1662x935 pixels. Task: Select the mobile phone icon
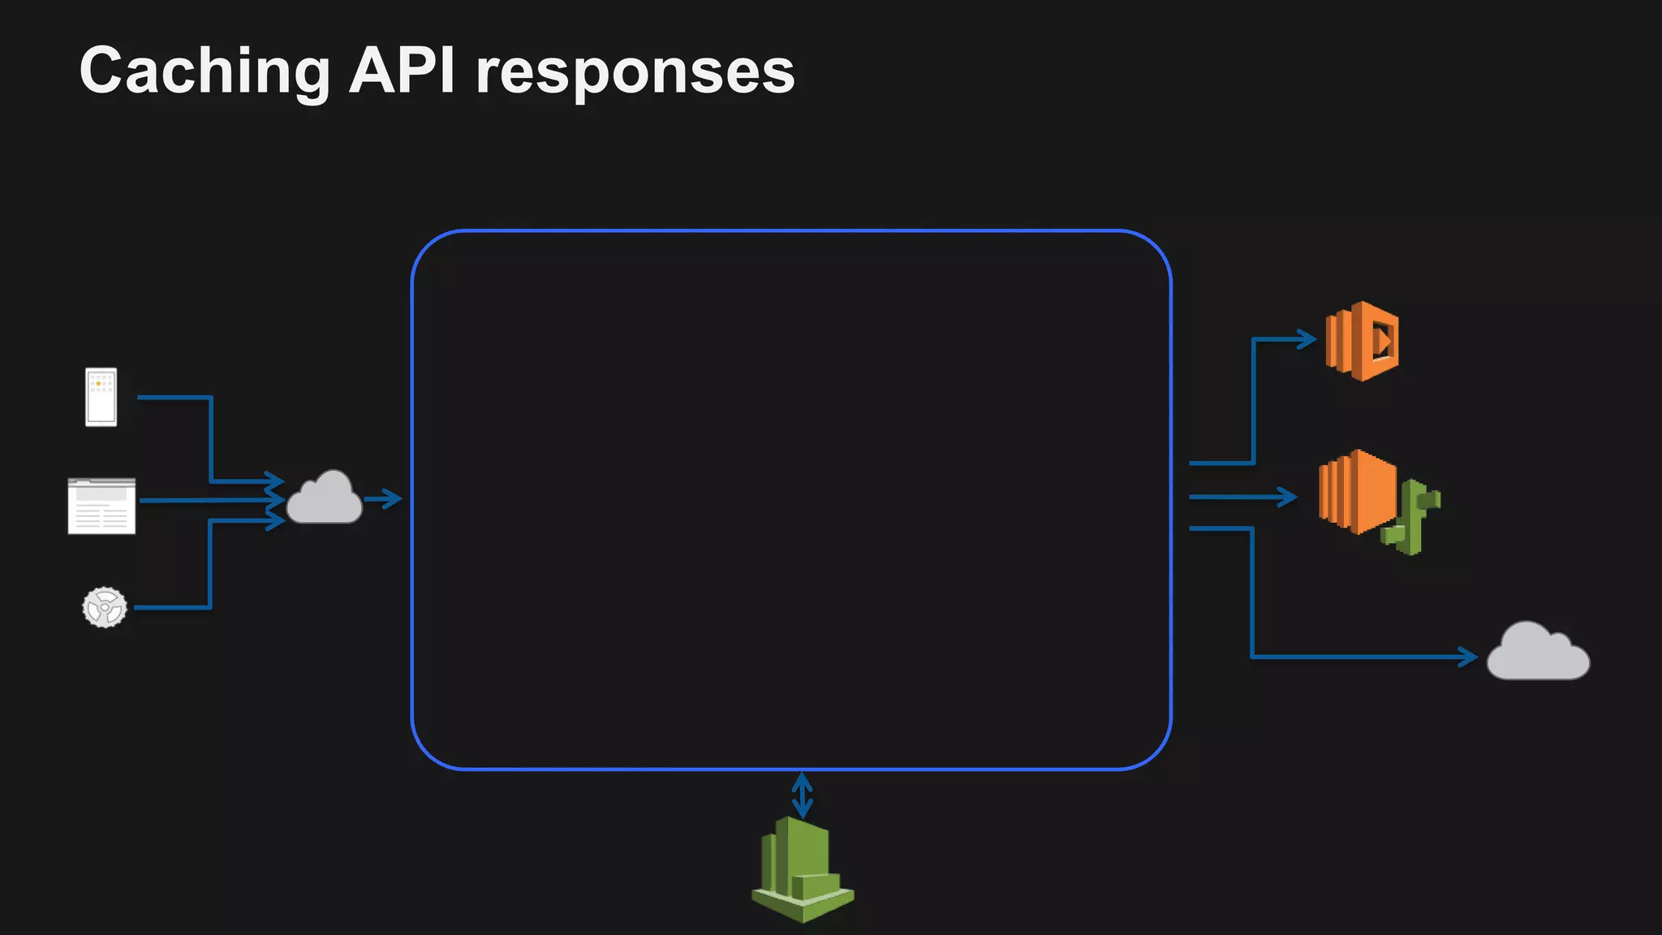101,397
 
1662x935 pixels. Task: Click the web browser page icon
101,506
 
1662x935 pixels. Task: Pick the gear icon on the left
105,607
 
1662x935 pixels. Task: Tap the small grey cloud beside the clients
324,498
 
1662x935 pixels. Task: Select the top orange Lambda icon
1362,341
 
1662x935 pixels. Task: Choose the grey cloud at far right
1537,653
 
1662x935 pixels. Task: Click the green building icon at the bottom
802,870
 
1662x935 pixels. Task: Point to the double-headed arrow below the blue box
802,795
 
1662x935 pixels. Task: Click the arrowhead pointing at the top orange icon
1306,339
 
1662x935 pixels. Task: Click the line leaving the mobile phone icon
174,397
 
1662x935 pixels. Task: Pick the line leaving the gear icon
172,607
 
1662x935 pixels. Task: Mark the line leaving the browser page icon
203,501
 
